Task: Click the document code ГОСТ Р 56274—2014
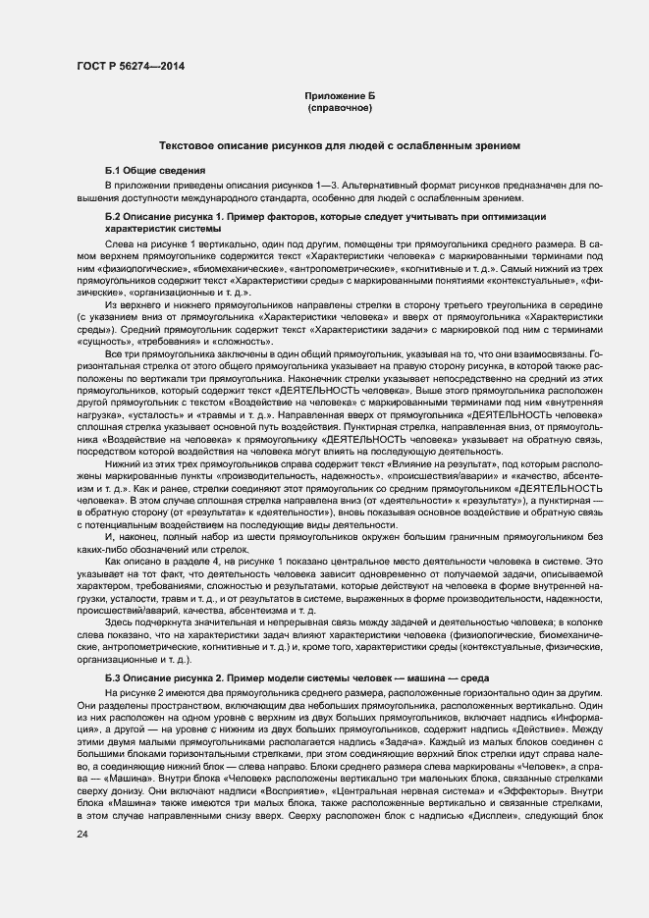click(130, 66)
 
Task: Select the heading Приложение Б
click(340, 96)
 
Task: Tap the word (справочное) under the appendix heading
click(340, 108)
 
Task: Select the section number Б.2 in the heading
click(116, 215)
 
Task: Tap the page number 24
click(82, 834)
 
